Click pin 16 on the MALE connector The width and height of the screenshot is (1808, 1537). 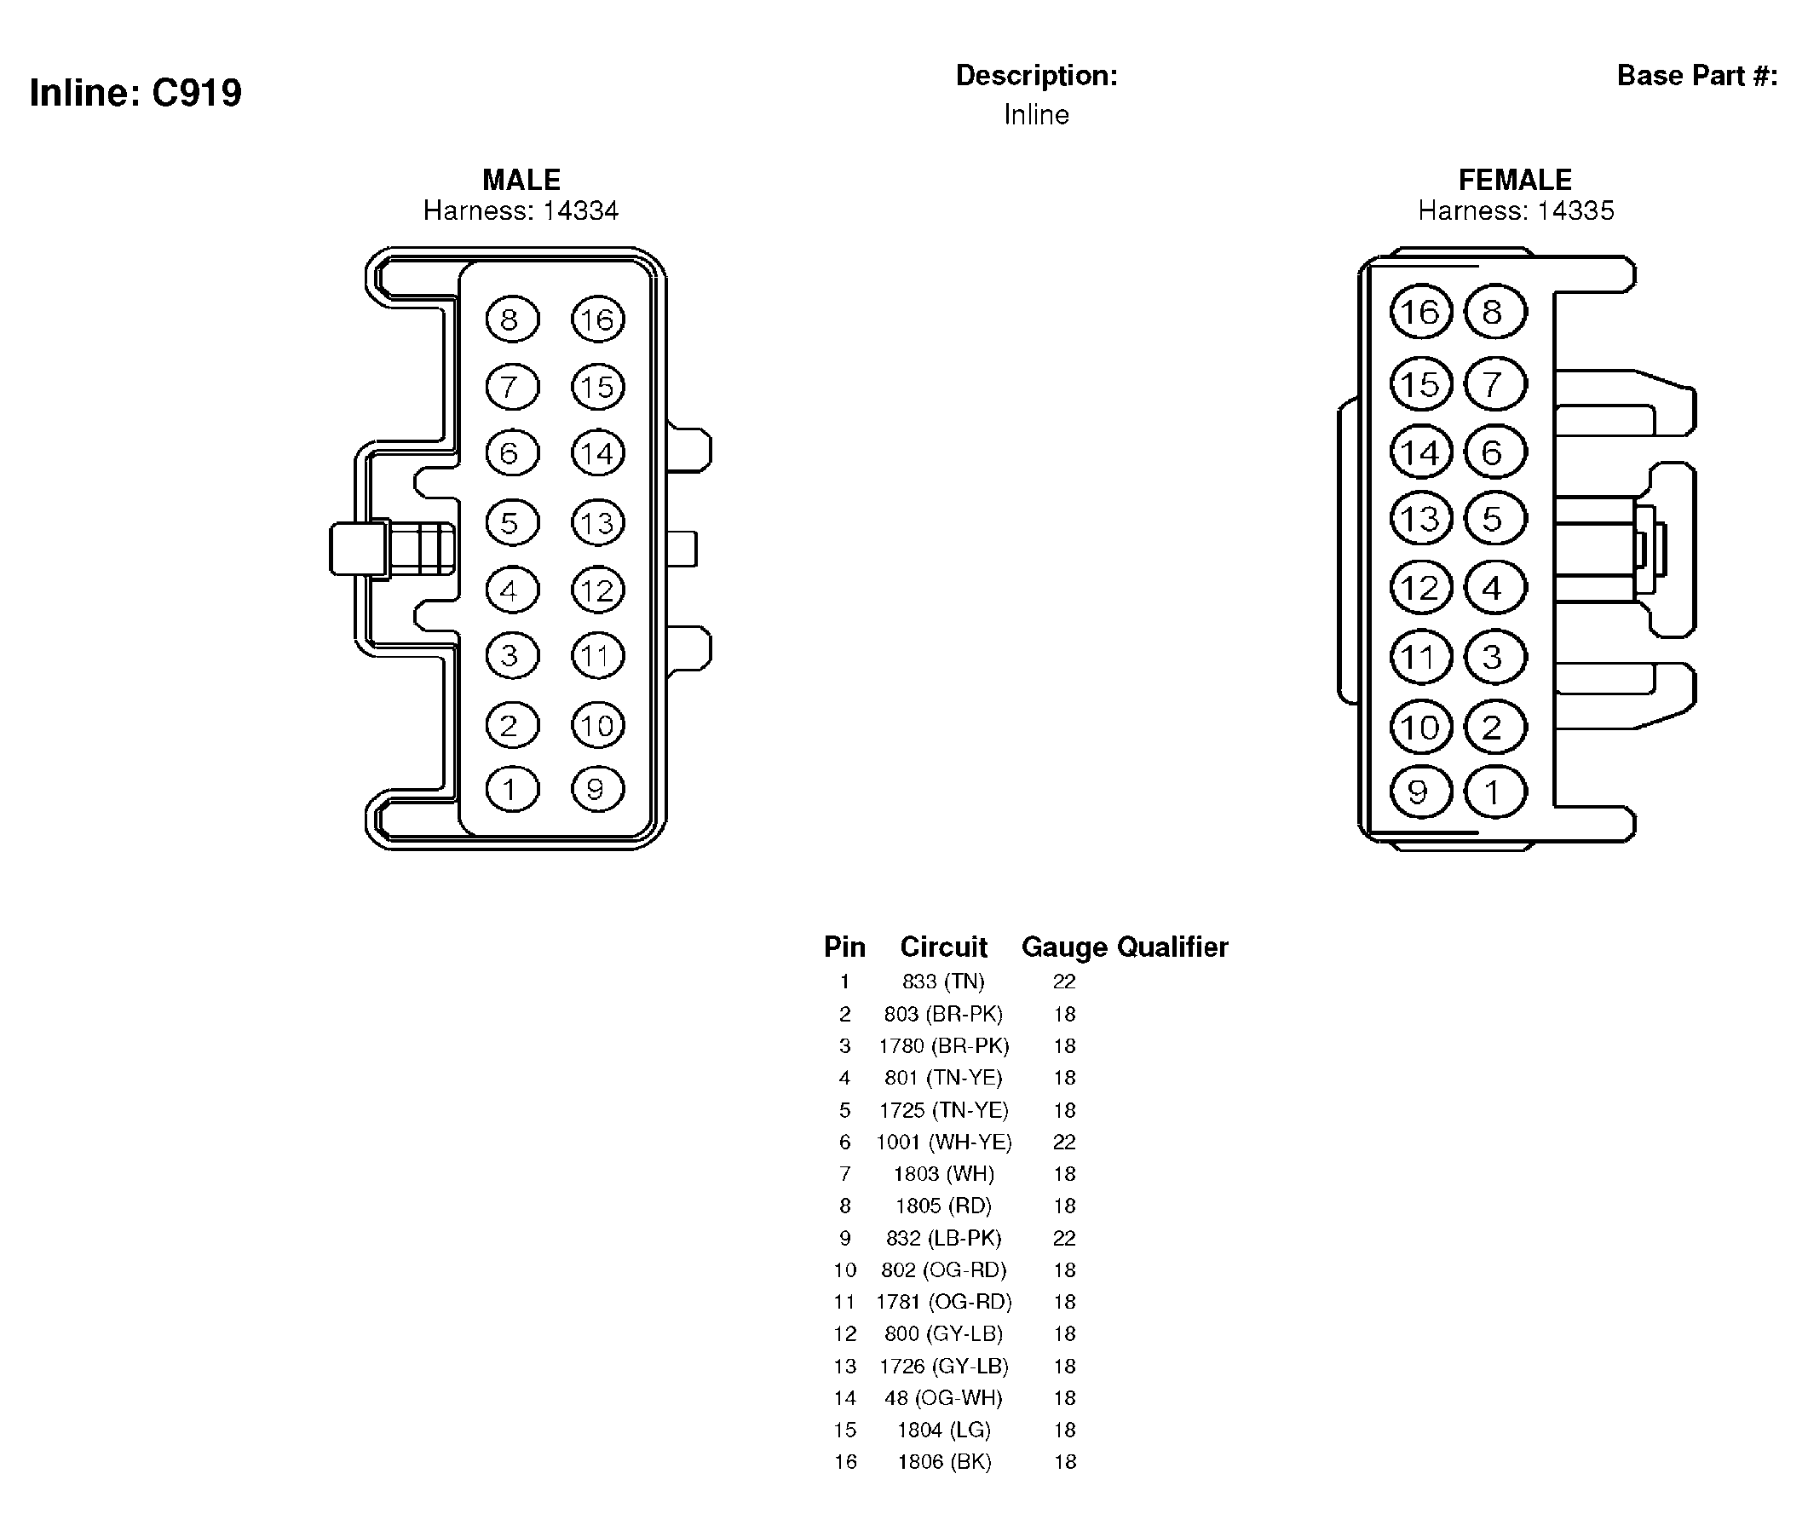pyautogui.click(x=598, y=319)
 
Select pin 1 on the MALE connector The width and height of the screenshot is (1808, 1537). pyautogui.click(x=512, y=790)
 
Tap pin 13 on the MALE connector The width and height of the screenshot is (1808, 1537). pyautogui.click(x=598, y=523)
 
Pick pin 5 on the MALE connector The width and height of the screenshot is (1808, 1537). pyautogui.click(x=512, y=523)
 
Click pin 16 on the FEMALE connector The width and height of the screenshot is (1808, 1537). pyautogui.click(x=1421, y=312)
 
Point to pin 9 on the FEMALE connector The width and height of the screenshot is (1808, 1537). pyautogui.click(x=1421, y=792)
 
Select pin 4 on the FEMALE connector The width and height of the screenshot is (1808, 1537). pyautogui.click(x=1495, y=588)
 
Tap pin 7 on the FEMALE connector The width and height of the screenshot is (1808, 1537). pyautogui.click(x=1495, y=384)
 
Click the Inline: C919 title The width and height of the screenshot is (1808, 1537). pyautogui.click(x=136, y=92)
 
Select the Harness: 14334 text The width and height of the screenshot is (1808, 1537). pyautogui.click(x=521, y=210)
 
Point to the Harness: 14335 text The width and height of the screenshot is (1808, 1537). pyautogui.click(x=1516, y=210)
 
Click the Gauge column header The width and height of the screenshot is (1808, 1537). pyautogui.click(x=1065, y=947)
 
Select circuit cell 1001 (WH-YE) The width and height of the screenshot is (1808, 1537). pyautogui.click(x=944, y=1143)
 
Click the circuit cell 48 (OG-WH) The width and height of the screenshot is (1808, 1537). pyautogui.click(x=944, y=1398)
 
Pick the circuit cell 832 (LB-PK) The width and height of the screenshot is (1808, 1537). pyautogui.click(x=944, y=1238)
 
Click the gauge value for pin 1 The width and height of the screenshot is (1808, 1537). pyautogui.click(x=1065, y=982)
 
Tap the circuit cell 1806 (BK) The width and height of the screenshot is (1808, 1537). pyautogui.click(x=945, y=1462)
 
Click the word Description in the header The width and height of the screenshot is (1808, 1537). pyautogui.click(x=1037, y=76)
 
